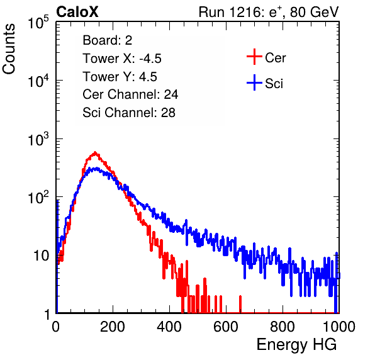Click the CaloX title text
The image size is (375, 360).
(77, 12)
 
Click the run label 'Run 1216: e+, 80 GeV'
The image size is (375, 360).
(269, 12)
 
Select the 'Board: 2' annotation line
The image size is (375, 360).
(108, 40)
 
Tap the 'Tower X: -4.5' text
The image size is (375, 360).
(122, 59)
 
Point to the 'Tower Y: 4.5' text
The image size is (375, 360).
(120, 77)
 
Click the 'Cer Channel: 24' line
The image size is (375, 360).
(130, 94)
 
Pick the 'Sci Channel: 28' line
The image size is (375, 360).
(129, 113)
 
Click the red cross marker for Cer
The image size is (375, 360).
(254, 57)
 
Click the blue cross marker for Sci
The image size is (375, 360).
(254, 83)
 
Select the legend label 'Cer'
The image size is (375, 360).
(275, 58)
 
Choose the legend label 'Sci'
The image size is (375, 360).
(274, 84)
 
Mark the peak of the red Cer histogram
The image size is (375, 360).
(95, 152)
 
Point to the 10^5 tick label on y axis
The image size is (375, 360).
(38, 22)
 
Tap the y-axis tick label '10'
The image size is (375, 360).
(41, 256)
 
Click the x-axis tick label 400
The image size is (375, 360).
(169, 327)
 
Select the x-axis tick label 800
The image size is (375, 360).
(283, 327)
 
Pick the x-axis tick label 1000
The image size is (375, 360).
(339, 327)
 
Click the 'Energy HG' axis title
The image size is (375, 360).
(296, 345)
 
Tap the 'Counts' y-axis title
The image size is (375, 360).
(9, 48)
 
